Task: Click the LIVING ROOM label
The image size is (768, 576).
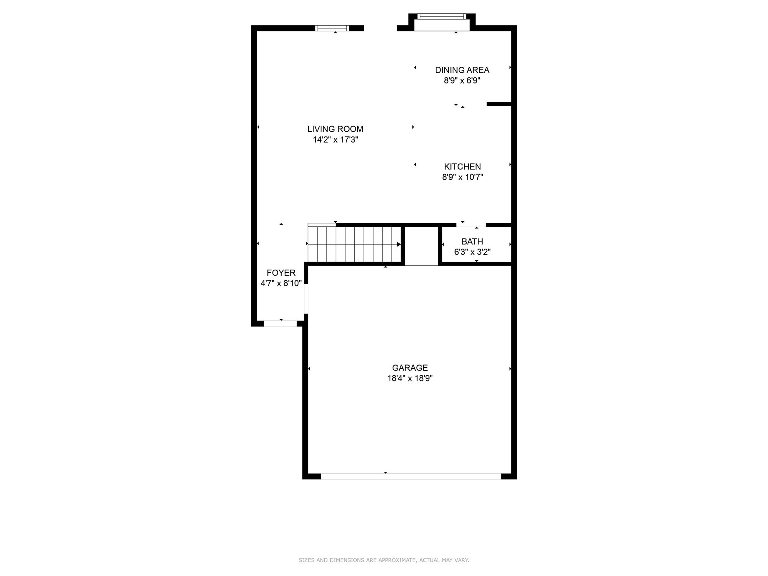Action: tap(335, 129)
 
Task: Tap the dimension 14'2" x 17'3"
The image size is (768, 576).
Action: tap(335, 140)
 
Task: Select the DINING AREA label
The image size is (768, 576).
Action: tap(462, 70)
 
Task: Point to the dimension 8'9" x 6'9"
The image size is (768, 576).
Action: tap(462, 81)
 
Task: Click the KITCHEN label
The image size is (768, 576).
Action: tap(462, 166)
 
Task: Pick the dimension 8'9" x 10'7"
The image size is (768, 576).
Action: tap(462, 177)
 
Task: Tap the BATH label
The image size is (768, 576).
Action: tap(472, 241)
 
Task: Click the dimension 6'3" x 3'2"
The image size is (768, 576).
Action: tap(472, 252)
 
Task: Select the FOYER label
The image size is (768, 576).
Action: tap(281, 273)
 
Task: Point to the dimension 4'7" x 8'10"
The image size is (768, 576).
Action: tap(281, 283)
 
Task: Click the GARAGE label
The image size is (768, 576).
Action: tap(410, 368)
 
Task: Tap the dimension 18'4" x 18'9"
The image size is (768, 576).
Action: tap(410, 378)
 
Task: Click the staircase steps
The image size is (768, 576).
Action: tap(354, 244)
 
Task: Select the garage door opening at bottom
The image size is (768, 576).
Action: tap(411, 476)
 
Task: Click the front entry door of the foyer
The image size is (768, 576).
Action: tap(280, 324)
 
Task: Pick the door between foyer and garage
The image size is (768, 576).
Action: tap(306, 299)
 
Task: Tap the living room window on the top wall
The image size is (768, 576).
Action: tap(332, 28)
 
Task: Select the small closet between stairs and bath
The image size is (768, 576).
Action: tap(421, 246)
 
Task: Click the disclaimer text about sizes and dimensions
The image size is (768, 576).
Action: tap(384, 560)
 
